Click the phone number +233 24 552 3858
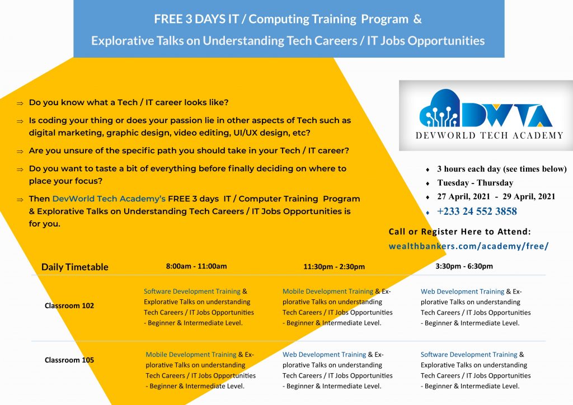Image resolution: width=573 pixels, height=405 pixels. pos(477,211)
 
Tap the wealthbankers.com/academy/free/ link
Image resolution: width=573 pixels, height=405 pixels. pos(468,246)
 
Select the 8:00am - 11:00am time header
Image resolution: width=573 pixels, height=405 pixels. pos(196,266)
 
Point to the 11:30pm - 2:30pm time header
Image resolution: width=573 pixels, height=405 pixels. pos(334,267)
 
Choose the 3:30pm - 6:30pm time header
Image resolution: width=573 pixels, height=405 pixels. pos(464,266)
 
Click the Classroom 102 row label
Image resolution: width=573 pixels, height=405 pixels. pos(69,306)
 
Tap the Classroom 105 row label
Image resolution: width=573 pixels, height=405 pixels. pos(69,360)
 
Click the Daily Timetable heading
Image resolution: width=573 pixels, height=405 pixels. pos(74,267)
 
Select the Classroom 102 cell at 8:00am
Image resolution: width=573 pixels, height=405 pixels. pos(199,307)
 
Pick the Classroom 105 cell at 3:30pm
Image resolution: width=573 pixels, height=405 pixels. pos(476,370)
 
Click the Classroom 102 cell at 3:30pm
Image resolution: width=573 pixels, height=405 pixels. pos(476,307)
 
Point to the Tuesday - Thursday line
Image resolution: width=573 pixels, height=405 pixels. pos(475,183)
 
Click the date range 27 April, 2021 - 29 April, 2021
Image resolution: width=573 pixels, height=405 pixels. pos(496,196)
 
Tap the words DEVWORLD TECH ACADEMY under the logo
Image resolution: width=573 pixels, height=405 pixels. pos(489,135)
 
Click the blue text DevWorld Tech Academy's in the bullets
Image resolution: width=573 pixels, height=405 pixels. pos(109,199)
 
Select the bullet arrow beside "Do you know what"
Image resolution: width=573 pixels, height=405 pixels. pos(20,103)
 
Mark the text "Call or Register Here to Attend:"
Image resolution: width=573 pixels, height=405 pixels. pos(459,232)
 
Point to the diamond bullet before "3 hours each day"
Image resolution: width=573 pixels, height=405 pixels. pos(428,169)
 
